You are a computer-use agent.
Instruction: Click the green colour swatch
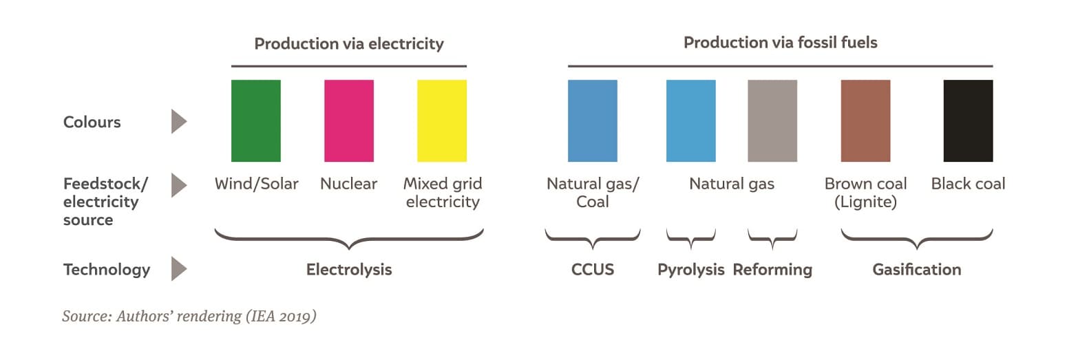pos(256,121)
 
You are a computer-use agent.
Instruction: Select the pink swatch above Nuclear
pos(349,121)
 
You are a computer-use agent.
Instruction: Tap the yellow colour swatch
pos(442,121)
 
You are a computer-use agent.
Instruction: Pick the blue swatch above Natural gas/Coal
pos(593,121)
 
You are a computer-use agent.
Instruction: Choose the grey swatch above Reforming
pos(772,121)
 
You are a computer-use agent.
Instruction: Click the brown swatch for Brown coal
pos(865,121)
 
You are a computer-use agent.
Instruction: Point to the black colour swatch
pos(969,121)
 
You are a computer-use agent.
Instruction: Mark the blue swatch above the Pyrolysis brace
pos(690,121)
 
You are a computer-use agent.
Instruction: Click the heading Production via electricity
pos(349,44)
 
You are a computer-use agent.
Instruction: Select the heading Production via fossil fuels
pos(780,43)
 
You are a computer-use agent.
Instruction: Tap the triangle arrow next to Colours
pos(179,121)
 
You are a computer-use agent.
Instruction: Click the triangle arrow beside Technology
pos(179,269)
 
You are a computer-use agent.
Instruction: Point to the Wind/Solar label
pos(256,184)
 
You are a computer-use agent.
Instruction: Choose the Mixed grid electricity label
pos(443,192)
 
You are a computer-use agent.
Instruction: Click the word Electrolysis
pos(349,270)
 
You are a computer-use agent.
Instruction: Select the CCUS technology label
pos(593,270)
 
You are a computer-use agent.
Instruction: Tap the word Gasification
pos(917,270)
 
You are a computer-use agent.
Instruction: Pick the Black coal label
pos(969,184)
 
